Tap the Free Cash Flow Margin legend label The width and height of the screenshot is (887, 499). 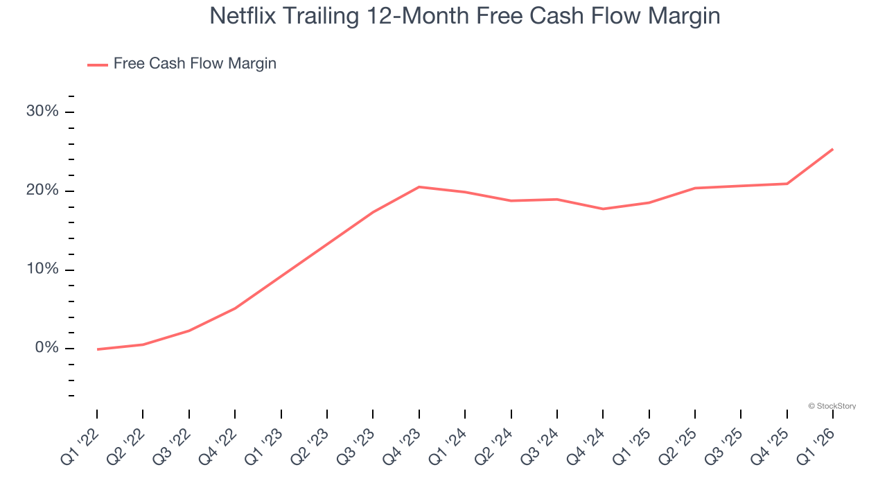click(195, 64)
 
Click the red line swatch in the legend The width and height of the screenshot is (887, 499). click(98, 64)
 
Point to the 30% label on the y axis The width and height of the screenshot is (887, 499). click(42, 112)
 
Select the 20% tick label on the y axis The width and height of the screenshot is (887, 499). click(42, 191)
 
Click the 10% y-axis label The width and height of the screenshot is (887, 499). click(42, 270)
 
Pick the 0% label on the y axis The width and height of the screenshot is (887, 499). click(46, 348)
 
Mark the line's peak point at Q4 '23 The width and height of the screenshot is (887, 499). click(419, 187)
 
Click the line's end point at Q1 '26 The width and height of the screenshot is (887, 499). click(832, 149)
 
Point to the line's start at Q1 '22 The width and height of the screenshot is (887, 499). click(98, 349)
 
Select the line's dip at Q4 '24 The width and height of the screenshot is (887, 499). click(603, 209)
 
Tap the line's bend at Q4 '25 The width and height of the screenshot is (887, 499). click(787, 184)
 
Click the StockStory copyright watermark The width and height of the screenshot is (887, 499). click(832, 406)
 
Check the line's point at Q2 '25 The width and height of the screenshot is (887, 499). click(695, 188)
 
